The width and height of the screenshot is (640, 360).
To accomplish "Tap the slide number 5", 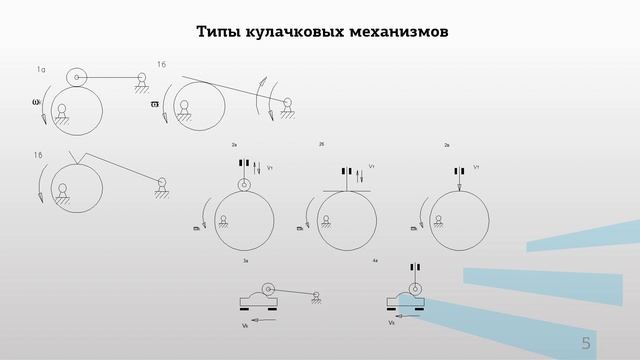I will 587,343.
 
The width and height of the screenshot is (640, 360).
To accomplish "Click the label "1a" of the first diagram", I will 41,69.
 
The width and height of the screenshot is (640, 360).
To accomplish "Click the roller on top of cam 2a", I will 243,184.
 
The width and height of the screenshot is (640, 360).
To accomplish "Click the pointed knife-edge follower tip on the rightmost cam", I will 458,186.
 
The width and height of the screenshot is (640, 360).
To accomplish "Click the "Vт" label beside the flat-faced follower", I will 371,167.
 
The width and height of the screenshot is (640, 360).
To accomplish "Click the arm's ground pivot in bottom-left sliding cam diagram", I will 316,295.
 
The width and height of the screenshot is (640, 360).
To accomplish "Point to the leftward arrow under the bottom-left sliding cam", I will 263,320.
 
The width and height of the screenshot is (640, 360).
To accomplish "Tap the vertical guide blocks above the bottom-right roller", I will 412,267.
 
